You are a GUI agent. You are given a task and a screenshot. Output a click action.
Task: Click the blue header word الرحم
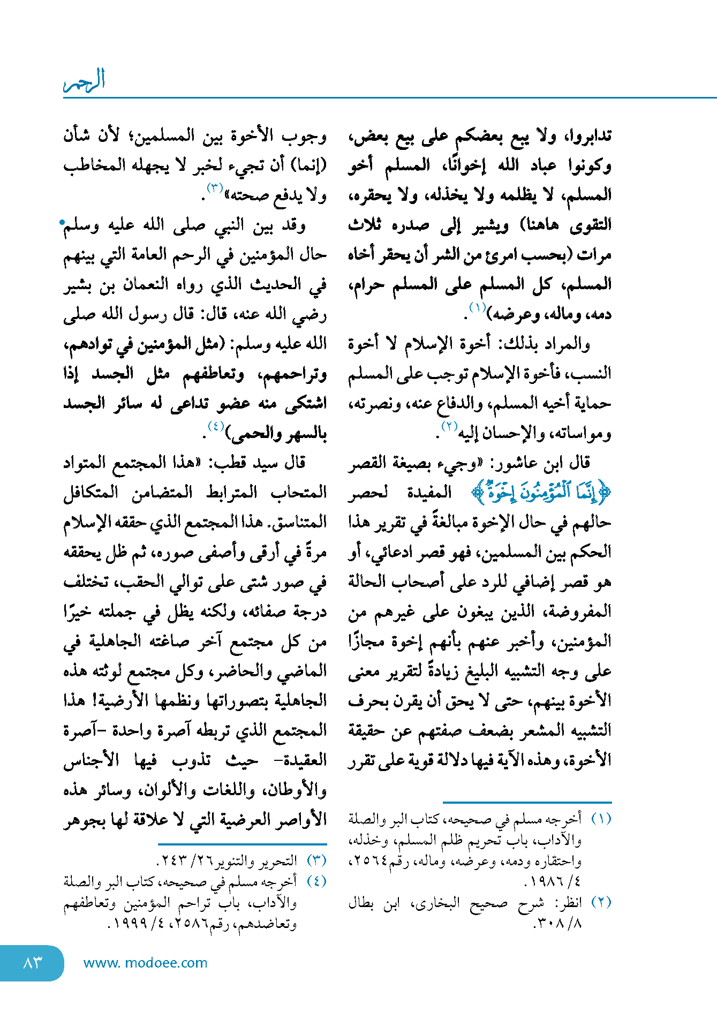click(x=85, y=81)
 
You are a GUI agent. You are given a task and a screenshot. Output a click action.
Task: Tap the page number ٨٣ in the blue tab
click(x=33, y=963)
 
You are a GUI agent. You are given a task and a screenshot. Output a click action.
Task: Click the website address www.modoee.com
click(x=145, y=963)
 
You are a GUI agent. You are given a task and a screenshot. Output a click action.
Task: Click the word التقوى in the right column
click(x=590, y=225)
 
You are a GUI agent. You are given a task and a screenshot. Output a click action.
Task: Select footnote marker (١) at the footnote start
click(x=601, y=819)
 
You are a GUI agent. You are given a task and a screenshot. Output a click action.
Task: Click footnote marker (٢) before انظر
click(x=601, y=902)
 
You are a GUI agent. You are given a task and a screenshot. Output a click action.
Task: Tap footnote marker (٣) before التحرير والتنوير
click(x=316, y=860)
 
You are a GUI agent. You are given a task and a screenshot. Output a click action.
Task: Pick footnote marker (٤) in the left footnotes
click(x=316, y=881)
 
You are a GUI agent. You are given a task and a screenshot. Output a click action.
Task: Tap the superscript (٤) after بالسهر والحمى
click(x=216, y=427)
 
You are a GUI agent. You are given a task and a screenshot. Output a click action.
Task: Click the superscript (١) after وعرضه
click(x=477, y=307)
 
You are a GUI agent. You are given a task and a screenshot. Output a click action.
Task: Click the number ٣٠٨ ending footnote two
click(x=549, y=923)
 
